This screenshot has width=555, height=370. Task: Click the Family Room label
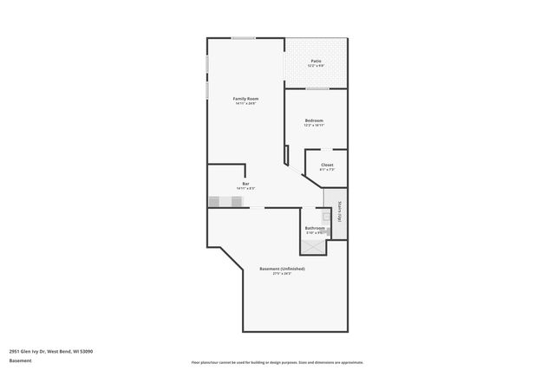point(246,99)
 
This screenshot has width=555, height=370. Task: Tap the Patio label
point(317,61)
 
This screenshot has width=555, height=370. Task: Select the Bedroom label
point(314,120)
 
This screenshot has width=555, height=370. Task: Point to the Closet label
point(327,165)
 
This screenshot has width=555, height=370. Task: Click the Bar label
point(246,184)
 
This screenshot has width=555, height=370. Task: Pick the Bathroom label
point(314,228)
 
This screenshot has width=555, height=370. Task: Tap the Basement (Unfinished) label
point(282,269)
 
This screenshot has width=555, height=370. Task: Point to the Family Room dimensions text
point(246,104)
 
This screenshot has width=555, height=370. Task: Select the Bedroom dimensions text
point(314,125)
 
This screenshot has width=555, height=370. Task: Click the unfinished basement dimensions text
point(282,274)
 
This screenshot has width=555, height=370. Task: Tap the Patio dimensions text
point(317,66)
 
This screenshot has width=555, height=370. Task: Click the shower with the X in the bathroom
point(312,244)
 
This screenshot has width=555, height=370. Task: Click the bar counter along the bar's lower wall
point(226,202)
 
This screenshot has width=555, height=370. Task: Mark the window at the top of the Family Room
point(243,37)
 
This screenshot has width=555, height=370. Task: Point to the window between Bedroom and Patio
point(317,88)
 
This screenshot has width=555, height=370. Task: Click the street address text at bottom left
point(51,352)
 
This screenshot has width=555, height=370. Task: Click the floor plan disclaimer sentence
point(277,362)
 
